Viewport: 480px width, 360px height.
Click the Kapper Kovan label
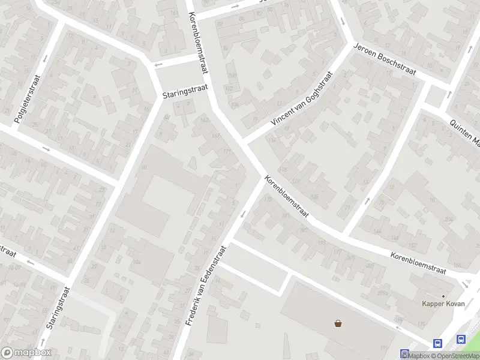(x=443, y=304)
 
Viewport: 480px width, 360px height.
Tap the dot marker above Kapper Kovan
(x=443, y=296)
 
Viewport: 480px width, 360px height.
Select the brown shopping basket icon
(x=338, y=324)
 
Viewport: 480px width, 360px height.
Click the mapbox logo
(x=26, y=353)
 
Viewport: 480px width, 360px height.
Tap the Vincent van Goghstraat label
(x=301, y=99)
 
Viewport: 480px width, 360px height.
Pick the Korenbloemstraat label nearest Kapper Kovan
(x=418, y=263)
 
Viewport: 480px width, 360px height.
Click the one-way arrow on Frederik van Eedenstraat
(x=243, y=214)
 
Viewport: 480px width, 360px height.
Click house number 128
(x=315, y=196)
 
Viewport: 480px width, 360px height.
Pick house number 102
(x=228, y=88)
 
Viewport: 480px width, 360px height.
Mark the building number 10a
(x=137, y=262)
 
